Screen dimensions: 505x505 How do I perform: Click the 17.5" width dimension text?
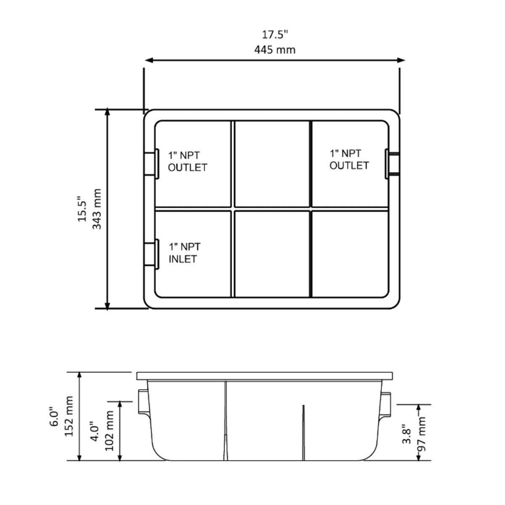point(275,35)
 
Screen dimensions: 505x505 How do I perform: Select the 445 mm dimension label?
point(275,50)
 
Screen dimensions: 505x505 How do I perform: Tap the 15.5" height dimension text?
point(82,209)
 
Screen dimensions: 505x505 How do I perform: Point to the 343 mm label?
point(97,209)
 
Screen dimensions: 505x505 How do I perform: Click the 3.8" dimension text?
point(407,434)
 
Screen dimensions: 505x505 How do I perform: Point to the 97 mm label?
point(421,434)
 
